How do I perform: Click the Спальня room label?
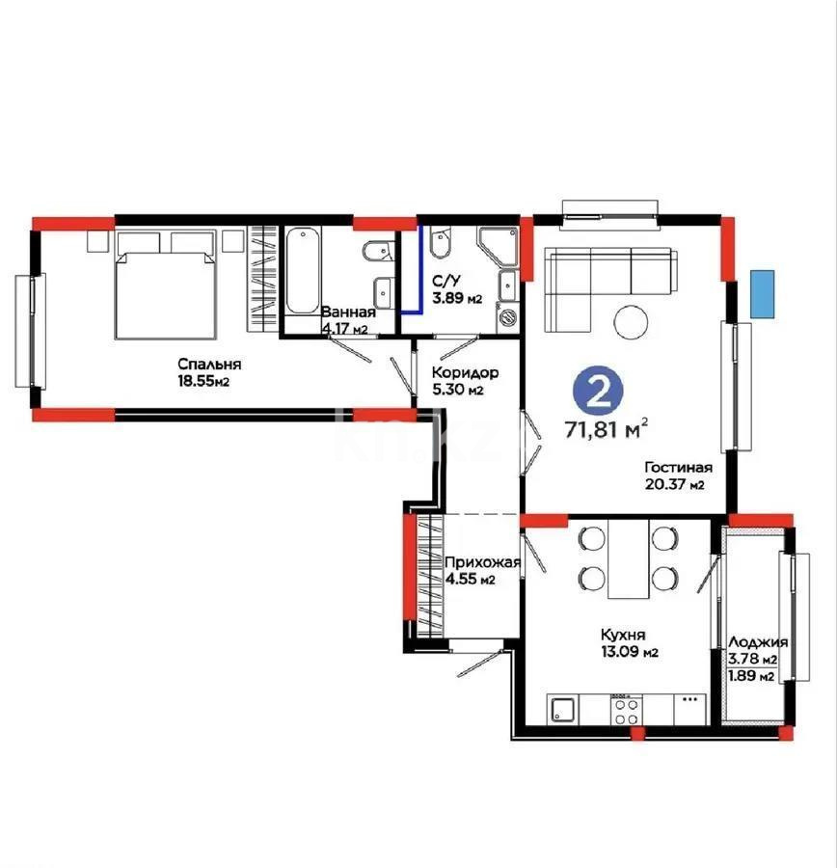(x=208, y=365)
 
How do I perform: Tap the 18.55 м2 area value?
(x=208, y=382)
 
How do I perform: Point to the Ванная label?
(x=348, y=312)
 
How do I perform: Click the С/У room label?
(x=445, y=281)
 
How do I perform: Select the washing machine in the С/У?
(x=506, y=315)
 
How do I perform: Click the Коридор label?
(x=465, y=372)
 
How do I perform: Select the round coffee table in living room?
(x=634, y=322)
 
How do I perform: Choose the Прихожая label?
(x=481, y=562)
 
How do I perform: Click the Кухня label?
(x=623, y=635)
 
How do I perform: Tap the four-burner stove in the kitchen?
(x=626, y=711)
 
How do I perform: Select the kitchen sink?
(x=563, y=711)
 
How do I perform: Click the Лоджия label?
(x=758, y=642)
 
